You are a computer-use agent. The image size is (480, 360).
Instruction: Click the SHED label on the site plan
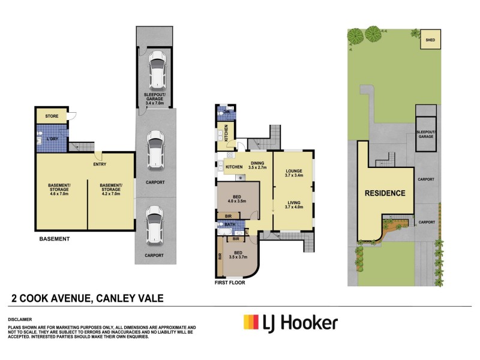[429, 41]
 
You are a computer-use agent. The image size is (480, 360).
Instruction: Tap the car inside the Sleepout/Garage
[157, 69]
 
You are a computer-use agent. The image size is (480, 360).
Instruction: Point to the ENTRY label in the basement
[100, 164]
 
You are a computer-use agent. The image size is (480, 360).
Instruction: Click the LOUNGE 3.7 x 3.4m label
[293, 174]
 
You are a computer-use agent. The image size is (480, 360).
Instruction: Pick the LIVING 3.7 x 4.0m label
[293, 205]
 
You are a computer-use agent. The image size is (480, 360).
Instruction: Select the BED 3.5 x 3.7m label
[239, 254]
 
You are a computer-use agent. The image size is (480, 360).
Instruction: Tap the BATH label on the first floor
[229, 224]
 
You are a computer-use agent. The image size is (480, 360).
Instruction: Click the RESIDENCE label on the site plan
[385, 193]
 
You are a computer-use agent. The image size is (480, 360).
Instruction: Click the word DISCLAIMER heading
[20, 320]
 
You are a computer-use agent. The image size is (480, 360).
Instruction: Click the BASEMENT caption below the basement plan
[55, 239]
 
